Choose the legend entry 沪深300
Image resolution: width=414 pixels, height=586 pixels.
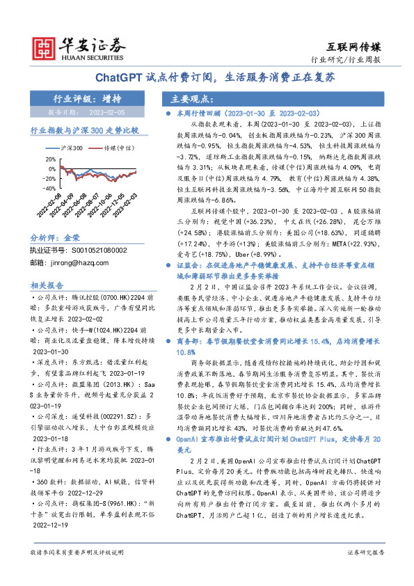coord(69,148)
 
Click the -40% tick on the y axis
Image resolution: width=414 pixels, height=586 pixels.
coord(49,187)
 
